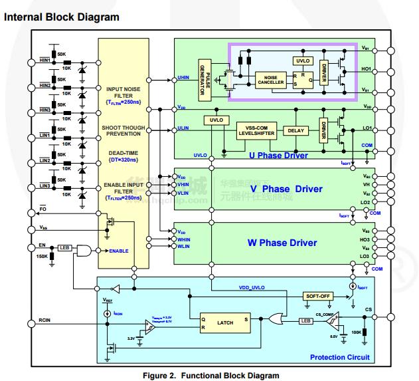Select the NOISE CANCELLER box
click(271, 80)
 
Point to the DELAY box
click(295, 130)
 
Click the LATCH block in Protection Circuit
click(225, 322)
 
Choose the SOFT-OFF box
click(317, 295)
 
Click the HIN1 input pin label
click(46, 60)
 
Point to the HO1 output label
click(365, 69)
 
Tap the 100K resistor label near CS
click(356, 332)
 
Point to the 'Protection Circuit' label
click(339, 358)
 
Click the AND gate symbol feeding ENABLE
click(84, 250)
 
